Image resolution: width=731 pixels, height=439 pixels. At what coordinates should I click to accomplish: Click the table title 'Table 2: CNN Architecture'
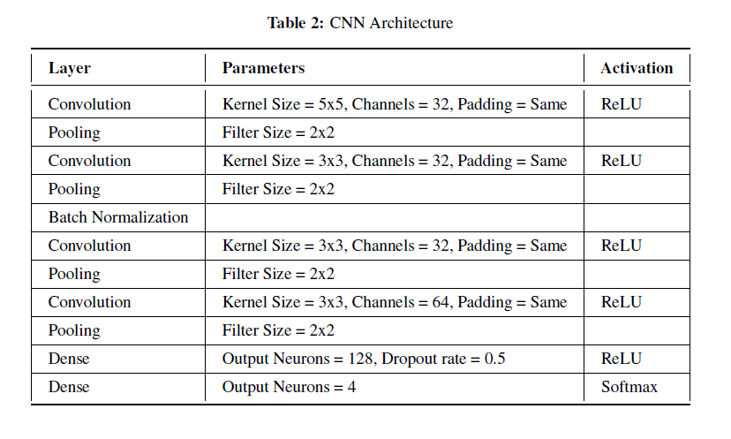pos(360,23)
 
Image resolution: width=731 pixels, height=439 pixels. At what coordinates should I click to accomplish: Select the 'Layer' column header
pos(69,68)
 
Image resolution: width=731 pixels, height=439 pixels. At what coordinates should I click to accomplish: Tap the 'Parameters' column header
pos(263,68)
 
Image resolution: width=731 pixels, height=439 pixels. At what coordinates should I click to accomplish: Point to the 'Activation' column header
pos(637,68)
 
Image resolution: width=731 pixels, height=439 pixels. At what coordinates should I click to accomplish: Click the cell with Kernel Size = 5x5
pos(394,104)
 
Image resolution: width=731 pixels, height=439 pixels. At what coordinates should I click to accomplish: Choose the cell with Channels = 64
pos(394,302)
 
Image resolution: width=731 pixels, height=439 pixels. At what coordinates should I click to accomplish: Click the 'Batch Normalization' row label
pos(118,217)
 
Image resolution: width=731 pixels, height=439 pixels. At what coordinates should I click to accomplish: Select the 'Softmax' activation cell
pos(629,387)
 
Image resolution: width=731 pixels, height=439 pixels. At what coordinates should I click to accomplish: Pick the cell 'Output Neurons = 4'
pos(289,387)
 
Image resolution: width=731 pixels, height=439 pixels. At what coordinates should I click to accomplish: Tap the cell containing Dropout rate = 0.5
pos(364,359)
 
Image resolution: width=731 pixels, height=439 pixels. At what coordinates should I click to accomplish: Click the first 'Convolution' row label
pos(89,104)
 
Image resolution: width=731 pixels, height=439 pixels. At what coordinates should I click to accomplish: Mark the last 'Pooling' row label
pos(74,330)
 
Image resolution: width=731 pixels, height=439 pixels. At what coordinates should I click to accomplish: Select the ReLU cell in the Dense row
pos(622,359)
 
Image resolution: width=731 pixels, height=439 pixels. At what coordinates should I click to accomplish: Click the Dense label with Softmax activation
pos(69,387)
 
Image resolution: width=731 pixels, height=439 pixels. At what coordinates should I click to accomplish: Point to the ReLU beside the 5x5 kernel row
pos(622,104)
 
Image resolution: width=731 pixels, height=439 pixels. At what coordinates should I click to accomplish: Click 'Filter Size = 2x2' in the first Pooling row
pos(278,132)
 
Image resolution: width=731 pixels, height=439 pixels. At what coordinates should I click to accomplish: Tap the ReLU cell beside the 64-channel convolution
pos(622,302)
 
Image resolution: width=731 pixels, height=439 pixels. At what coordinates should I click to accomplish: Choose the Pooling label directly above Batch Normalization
pos(74,189)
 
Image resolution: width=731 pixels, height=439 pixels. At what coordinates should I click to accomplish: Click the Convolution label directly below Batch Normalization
pos(89,246)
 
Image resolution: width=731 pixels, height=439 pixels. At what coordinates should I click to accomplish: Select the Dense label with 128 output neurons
pos(69,359)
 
